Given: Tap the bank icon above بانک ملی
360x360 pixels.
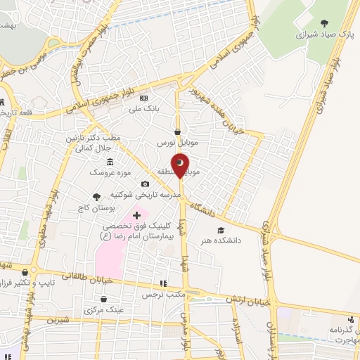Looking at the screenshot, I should tap(143, 98).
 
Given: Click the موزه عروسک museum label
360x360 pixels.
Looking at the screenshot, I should tap(105, 172).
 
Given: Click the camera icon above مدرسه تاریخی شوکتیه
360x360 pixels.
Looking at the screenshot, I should tap(145, 184).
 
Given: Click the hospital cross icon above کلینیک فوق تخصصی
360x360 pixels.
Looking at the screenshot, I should tap(136, 214).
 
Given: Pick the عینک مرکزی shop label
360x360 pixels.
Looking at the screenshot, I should tap(104, 309).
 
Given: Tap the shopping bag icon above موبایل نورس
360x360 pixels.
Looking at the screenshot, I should tap(177, 131).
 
